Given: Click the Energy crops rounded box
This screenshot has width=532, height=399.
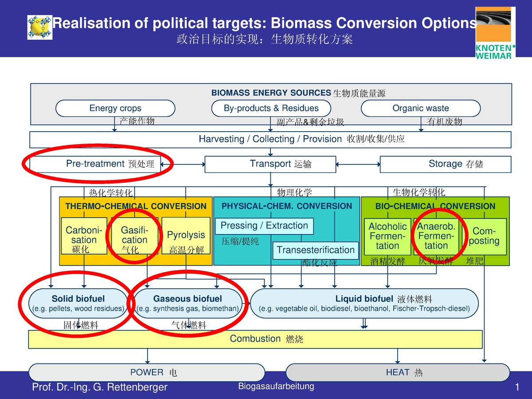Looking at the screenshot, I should (x=115, y=108).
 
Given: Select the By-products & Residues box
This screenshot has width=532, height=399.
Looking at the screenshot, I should (x=271, y=108).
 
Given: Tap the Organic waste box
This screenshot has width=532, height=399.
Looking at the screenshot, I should (x=421, y=108).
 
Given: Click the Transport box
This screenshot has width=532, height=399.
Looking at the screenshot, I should (x=270, y=164).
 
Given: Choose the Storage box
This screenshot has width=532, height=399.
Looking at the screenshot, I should (x=445, y=164).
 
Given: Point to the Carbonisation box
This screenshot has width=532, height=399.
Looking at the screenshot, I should (x=84, y=235).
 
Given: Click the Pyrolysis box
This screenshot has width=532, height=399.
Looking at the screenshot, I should (x=186, y=235).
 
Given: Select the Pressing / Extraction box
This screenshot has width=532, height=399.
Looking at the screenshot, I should (x=264, y=226).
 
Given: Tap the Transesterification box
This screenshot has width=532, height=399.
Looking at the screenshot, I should (x=315, y=250).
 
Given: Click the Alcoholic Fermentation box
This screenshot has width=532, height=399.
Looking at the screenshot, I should (x=387, y=236).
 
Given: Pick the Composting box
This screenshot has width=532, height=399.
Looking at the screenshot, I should (x=485, y=236).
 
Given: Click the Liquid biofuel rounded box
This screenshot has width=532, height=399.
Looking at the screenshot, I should (x=364, y=303).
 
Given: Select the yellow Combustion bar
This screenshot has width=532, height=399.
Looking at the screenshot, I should (x=255, y=339).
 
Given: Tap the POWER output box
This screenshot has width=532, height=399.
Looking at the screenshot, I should (x=147, y=372).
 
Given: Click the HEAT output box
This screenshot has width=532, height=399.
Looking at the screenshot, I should (x=398, y=372).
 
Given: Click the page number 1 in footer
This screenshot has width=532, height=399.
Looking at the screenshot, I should (x=517, y=387).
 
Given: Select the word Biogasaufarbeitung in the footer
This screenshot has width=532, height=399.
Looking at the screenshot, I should (x=276, y=386).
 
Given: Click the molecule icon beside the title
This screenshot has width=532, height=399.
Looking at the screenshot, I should (x=39, y=27).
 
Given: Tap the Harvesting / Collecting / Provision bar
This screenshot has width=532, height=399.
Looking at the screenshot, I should (x=270, y=139).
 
